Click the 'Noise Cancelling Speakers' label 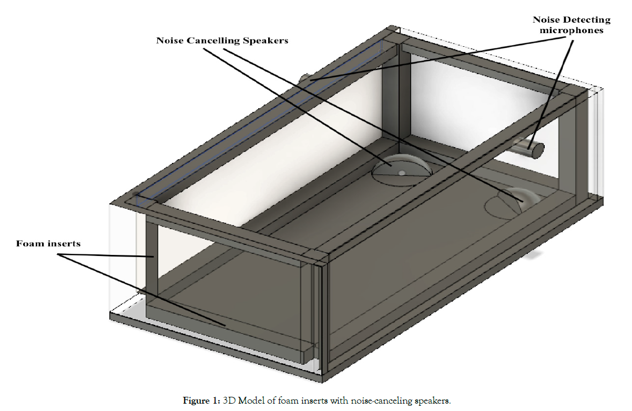(222, 40)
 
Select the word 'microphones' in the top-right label (572, 30)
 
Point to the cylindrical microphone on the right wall (529, 147)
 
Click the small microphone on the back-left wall (305, 78)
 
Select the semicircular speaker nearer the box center (402, 168)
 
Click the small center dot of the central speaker (402, 172)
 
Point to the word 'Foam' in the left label (28, 243)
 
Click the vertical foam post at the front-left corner (151, 258)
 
